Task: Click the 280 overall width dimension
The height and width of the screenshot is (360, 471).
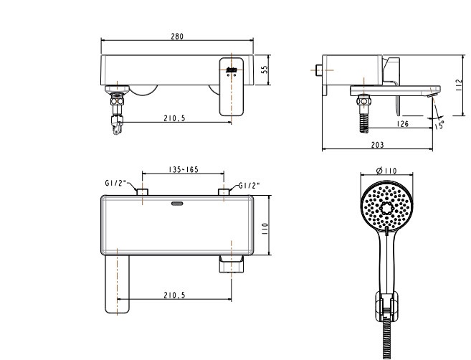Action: point(176,37)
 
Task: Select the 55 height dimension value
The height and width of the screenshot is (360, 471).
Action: point(264,70)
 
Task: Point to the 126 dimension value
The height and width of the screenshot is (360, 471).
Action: point(402,125)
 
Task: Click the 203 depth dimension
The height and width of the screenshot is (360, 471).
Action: point(377,145)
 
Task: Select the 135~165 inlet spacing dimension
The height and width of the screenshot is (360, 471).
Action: point(184,170)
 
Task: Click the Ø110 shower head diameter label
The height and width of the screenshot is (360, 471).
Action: point(387,171)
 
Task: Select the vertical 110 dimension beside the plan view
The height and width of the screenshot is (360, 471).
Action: point(264,228)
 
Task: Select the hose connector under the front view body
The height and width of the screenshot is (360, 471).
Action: point(117,111)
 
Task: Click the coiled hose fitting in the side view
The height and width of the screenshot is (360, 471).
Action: point(365,115)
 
